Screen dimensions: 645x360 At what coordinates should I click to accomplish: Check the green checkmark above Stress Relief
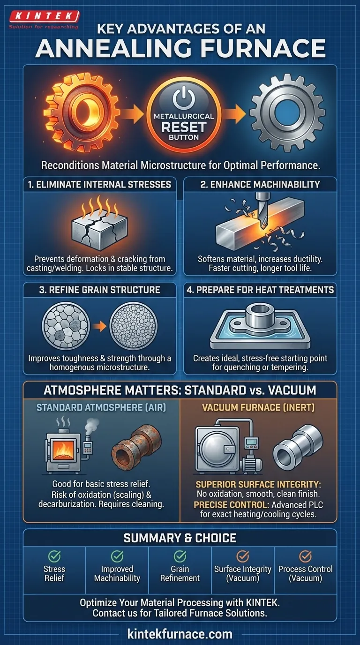[55, 556]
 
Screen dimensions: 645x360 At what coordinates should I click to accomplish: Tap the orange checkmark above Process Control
[305, 556]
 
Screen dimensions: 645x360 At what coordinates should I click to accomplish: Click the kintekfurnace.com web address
[180, 634]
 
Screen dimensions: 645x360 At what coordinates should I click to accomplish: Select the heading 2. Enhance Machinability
[260, 185]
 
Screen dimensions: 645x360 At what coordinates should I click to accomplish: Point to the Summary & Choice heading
[180, 538]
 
